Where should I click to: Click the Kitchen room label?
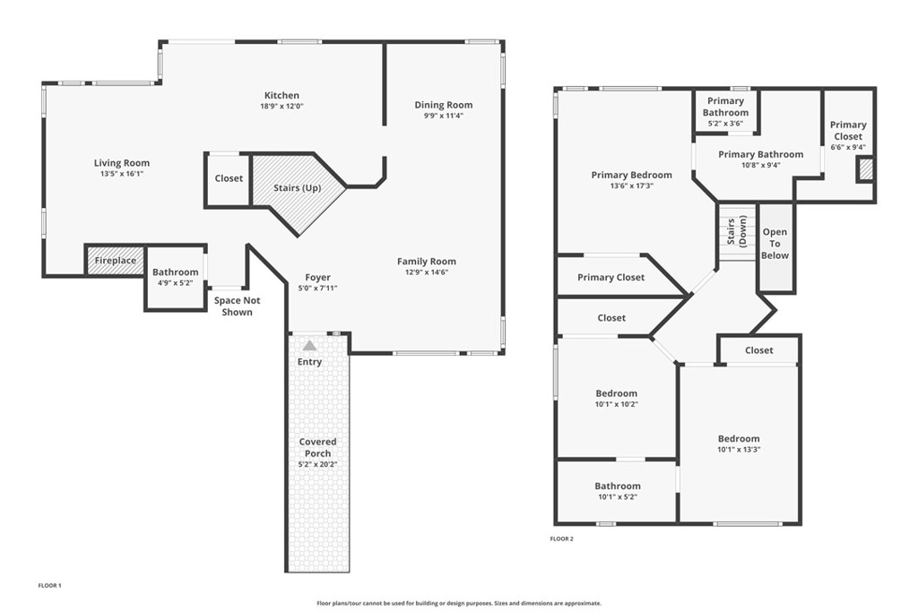pos(281,95)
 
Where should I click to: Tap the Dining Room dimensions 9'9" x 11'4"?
pos(443,116)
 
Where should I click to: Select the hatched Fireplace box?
pos(116,261)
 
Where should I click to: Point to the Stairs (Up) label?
pos(298,188)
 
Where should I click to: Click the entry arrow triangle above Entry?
pos(309,346)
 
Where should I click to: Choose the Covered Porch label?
pos(318,448)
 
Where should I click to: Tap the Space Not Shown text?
pos(237,306)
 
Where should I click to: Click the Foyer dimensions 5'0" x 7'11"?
pos(318,288)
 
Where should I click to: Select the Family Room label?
pos(426,262)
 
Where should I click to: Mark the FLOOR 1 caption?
pos(50,585)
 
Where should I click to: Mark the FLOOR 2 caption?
pos(561,539)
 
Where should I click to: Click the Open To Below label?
pos(775,244)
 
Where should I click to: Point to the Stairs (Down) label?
pos(737,232)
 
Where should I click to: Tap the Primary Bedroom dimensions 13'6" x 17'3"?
pos(631,186)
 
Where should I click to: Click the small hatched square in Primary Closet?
pos(865,170)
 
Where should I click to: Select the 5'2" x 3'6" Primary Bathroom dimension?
pos(725,124)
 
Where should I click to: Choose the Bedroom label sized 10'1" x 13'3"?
pos(739,439)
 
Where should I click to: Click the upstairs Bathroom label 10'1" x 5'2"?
pos(618,487)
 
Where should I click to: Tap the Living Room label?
pos(122,163)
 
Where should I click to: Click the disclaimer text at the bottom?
pos(459,603)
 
